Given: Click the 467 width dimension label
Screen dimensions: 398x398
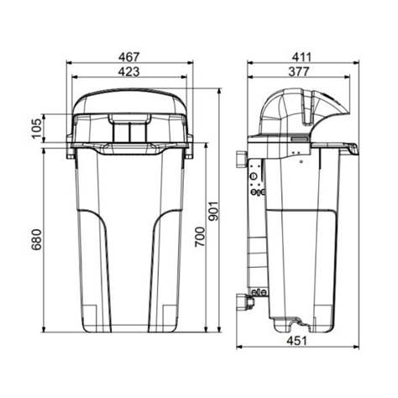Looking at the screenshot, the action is coord(128,57).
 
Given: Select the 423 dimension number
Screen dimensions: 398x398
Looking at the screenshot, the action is coord(128,72).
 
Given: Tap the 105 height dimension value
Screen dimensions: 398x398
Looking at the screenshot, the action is coord(37,128).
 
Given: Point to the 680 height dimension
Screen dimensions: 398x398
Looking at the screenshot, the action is coord(37,239).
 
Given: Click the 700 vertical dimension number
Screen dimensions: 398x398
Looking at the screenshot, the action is coord(200,237).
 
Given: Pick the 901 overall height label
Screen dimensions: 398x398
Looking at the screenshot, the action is coord(215,211).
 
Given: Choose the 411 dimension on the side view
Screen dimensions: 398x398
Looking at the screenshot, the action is coord(301,57).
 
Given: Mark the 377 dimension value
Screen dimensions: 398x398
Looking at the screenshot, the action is coord(299,72).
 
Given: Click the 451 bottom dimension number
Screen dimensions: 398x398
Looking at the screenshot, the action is coord(296,341).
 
